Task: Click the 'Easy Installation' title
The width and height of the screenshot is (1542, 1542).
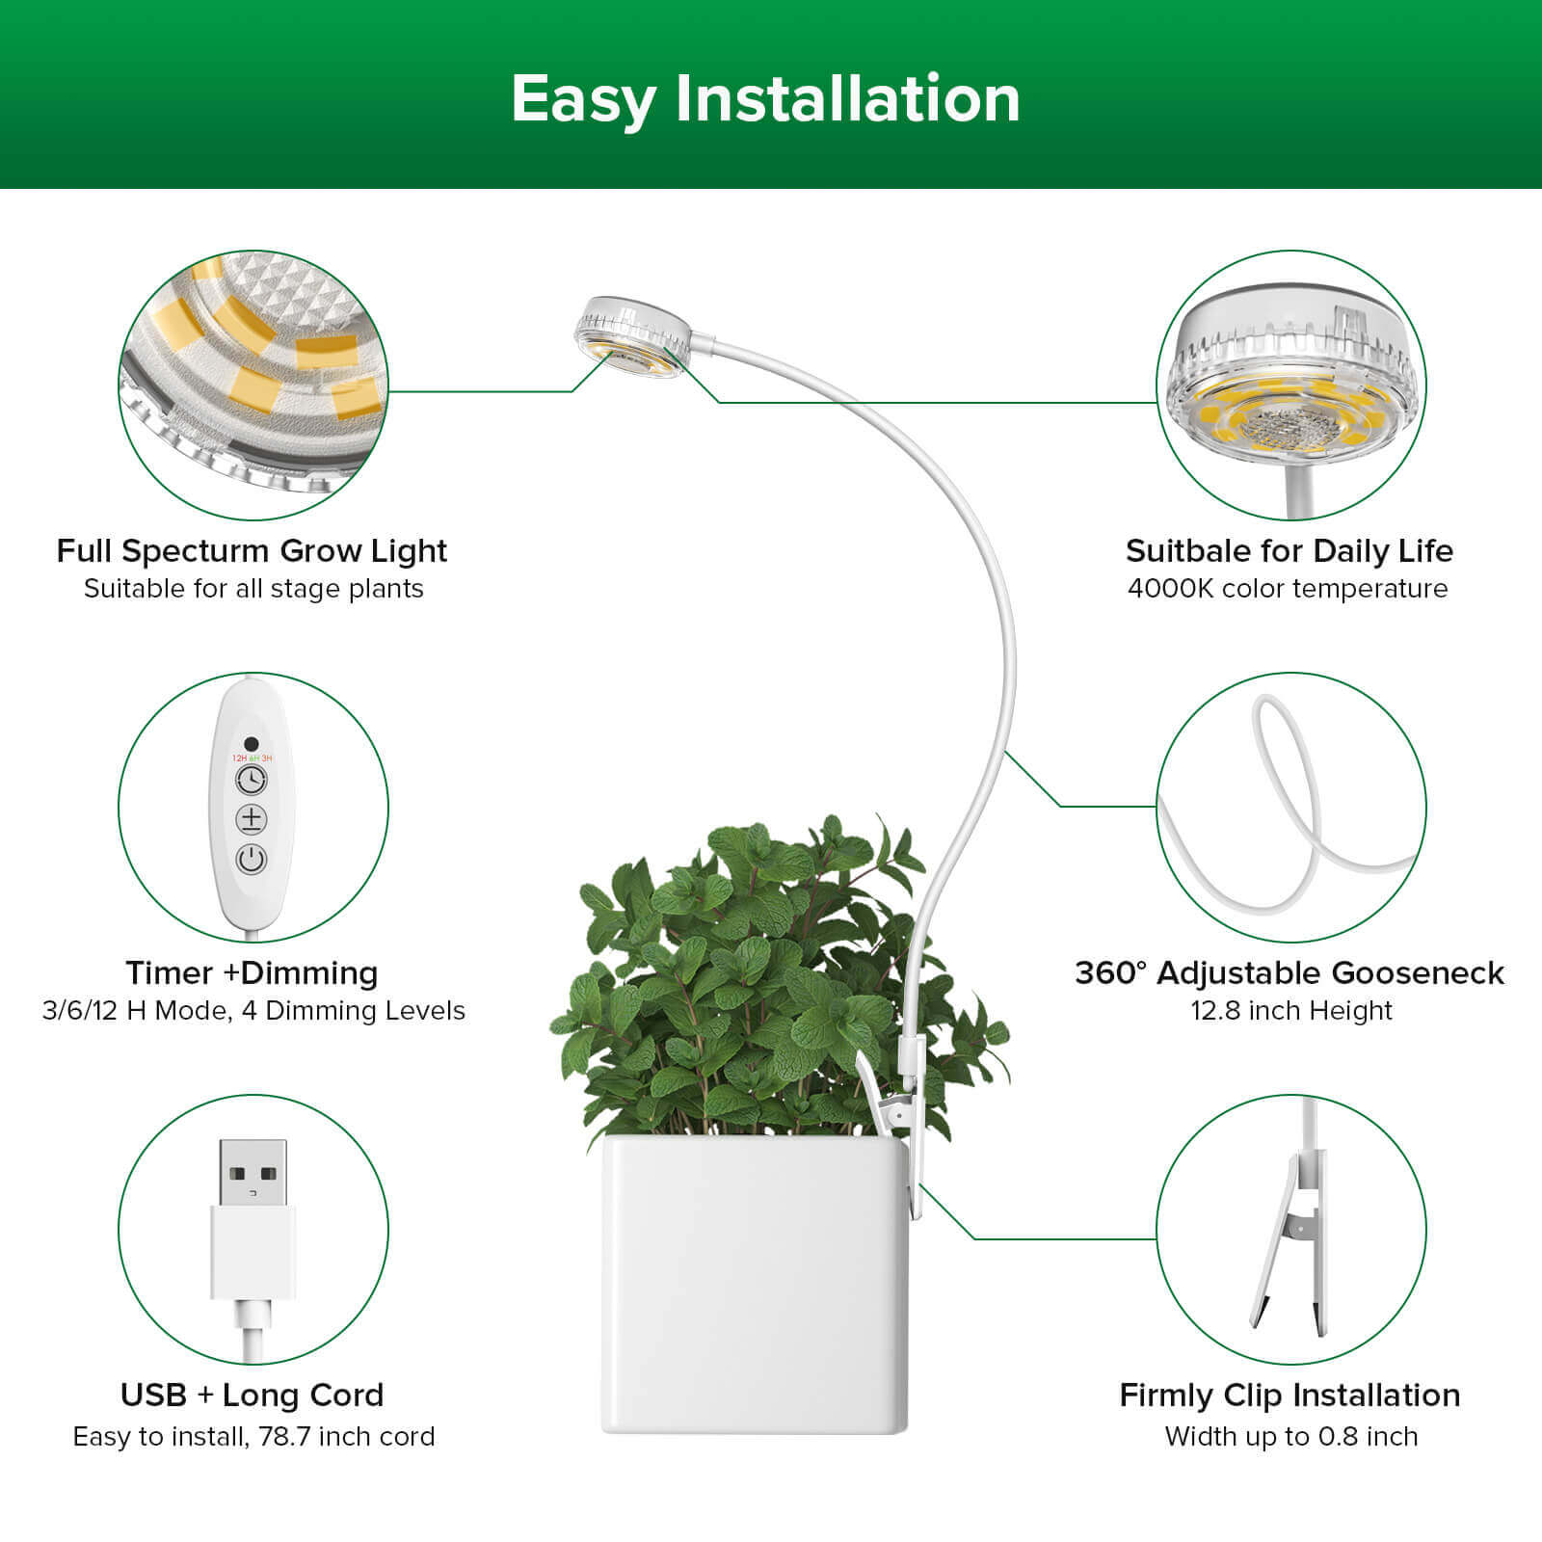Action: point(765,98)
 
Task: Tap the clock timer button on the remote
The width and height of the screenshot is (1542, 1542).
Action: point(252,779)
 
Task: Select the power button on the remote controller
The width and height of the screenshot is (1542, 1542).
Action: point(252,859)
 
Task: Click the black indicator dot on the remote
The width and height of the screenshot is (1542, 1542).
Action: point(252,744)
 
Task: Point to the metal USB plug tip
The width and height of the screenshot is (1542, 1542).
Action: point(253,1172)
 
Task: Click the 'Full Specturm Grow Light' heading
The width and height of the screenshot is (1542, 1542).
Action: point(252,550)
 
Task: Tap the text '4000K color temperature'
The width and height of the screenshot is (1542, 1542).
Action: point(1288,588)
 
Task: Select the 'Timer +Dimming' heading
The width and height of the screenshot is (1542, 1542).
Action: point(252,972)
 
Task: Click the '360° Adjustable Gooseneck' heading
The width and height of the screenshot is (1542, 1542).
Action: point(1289,972)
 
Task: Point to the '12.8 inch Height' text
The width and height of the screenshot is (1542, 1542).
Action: point(1290,1010)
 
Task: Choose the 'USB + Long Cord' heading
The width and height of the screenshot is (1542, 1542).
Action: point(252,1395)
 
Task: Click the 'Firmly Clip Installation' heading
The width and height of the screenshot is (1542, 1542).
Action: point(1289,1395)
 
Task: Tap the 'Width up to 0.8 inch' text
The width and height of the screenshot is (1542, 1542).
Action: point(1290,1436)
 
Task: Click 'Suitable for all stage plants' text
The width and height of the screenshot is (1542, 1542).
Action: point(253,588)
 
